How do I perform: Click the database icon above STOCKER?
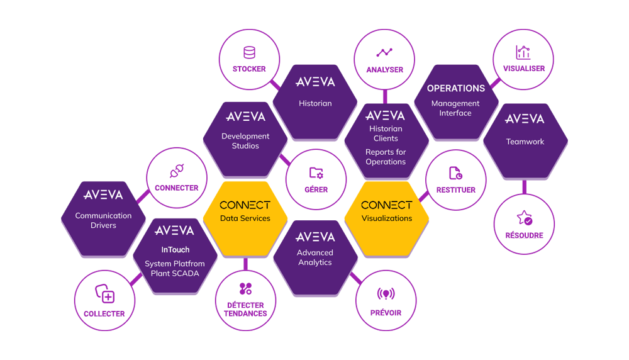tap(249, 52)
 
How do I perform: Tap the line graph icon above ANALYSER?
tap(384, 53)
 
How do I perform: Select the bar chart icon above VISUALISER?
tap(523, 52)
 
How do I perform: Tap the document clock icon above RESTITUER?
tap(455, 173)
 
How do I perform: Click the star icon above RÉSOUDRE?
tap(524, 218)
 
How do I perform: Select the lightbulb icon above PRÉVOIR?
tap(385, 295)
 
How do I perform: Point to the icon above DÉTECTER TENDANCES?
tap(245, 289)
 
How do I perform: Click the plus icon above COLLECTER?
tap(104, 294)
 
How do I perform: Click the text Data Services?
tap(245, 218)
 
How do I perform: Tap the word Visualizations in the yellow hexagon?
tap(386, 218)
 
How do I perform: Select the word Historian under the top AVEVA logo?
tap(315, 103)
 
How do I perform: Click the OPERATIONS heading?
tap(456, 88)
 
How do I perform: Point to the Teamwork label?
tap(525, 142)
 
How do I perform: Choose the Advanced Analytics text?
tap(315, 257)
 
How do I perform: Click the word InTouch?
tap(174, 250)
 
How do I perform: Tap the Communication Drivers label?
tap(103, 220)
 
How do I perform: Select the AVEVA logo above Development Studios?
tap(245, 116)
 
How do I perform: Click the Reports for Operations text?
tap(386, 157)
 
